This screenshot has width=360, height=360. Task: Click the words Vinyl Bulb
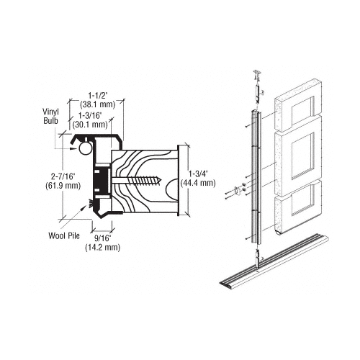[x=50, y=116]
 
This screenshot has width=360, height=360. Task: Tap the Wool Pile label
[x=64, y=235]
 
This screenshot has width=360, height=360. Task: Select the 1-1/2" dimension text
[x=97, y=96]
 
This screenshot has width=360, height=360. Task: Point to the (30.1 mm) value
[x=90, y=125]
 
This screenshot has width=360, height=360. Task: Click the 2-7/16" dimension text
[x=63, y=177]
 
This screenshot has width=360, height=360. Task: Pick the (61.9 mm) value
[x=63, y=186]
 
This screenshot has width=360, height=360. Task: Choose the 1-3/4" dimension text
[x=199, y=174]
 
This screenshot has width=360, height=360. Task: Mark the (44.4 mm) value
[x=198, y=183]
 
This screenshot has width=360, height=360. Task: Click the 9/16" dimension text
[x=103, y=238]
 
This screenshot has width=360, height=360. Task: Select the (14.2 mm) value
[x=103, y=247]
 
